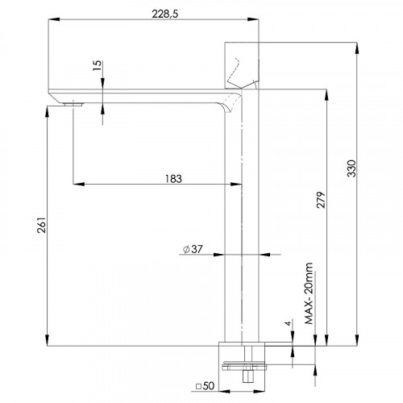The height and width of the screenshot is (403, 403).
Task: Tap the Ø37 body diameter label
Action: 193,249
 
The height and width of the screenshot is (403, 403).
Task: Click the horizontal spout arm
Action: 145,93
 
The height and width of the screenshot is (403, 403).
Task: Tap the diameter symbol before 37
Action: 186,249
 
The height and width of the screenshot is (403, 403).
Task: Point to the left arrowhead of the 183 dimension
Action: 76,185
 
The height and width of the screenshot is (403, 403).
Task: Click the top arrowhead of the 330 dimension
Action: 355,43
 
